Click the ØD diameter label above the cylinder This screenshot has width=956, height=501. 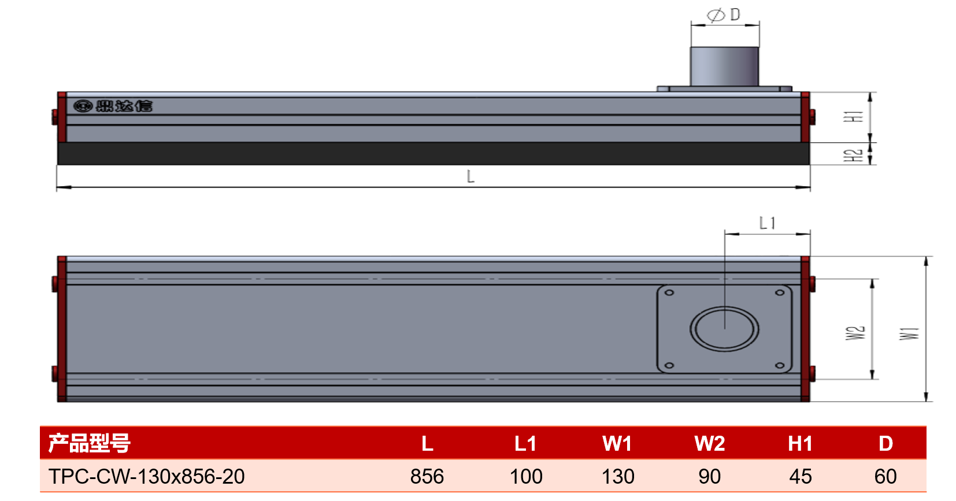click(724, 15)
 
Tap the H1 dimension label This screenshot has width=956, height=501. click(853, 117)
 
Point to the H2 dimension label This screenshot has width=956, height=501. click(853, 155)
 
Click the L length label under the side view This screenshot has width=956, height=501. click(470, 176)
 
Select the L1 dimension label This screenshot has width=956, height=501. click(767, 222)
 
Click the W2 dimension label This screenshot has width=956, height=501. click(855, 333)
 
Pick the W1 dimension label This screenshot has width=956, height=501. click(909, 333)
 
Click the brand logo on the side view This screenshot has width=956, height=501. click(113, 106)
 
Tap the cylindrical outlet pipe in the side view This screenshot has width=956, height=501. click(724, 66)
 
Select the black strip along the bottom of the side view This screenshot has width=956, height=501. click(433, 154)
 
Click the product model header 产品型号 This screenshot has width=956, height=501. click(89, 443)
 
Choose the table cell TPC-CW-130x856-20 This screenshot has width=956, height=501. click(146, 476)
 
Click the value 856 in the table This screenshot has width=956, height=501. click(427, 476)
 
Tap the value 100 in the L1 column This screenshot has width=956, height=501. click(526, 476)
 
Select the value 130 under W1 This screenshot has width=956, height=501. click(617, 476)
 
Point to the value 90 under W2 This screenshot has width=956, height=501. click(709, 476)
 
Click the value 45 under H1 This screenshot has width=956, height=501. click(800, 476)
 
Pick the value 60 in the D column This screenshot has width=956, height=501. click(885, 476)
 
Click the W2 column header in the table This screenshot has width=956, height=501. click(709, 443)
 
